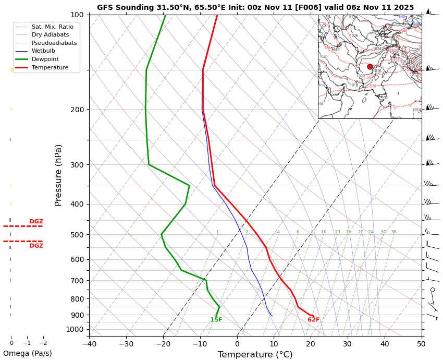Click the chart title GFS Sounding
(255, 7)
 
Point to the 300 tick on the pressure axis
(77, 165)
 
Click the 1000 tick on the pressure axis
(75, 329)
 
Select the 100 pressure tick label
(77, 15)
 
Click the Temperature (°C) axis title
(255, 355)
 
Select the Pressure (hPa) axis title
(58, 175)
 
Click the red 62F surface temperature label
(313, 320)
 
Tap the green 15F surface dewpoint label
(216, 320)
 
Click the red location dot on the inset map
(370, 67)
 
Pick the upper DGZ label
(36, 222)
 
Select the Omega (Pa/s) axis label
(27, 353)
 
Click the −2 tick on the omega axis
(43, 343)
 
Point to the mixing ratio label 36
(393, 232)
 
